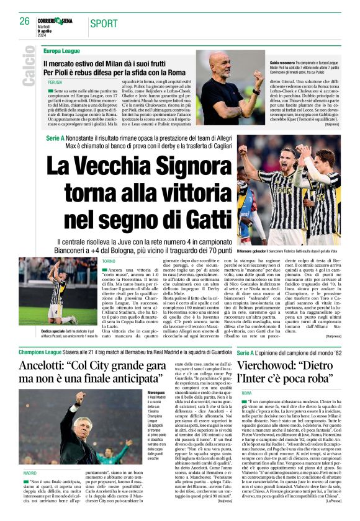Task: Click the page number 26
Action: [25, 21]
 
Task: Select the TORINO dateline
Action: [109, 261]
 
